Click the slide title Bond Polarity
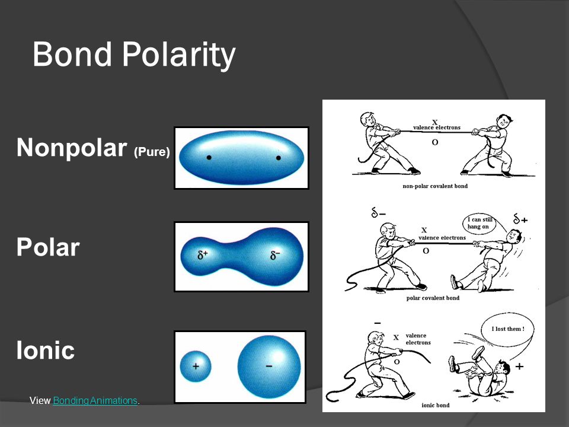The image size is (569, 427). (x=134, y=55)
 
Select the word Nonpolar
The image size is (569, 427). (x=72, y=148)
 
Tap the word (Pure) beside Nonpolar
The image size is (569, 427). (x=152, y=151)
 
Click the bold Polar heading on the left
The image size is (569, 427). (x=48, y=247)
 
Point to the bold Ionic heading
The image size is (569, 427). (x=46, y=350)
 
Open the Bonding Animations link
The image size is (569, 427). (x=95, y=400)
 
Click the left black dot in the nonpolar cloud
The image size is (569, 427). (x=209, y=158)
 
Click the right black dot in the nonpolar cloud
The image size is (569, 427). (x=279, y=158)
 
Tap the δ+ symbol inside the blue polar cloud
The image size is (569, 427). (x=203, y=254)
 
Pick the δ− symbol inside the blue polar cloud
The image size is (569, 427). (x=275, y=255)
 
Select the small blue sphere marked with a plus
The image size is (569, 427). (x=196, y=366)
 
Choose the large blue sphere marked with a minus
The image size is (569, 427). (x=269, y=367)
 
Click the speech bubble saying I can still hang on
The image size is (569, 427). (x=480, y=224)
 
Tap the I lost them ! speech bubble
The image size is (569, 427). (x=508, y=329)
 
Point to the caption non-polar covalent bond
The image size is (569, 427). (x=435, y=186)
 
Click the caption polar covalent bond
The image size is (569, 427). (x=433, y=298)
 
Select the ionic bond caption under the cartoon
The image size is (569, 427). (x=436, y=405)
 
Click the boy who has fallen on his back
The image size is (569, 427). (x=479, y=374)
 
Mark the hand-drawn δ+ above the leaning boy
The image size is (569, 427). (x=520, y=219)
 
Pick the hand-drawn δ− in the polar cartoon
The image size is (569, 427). (x=378, y=212)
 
